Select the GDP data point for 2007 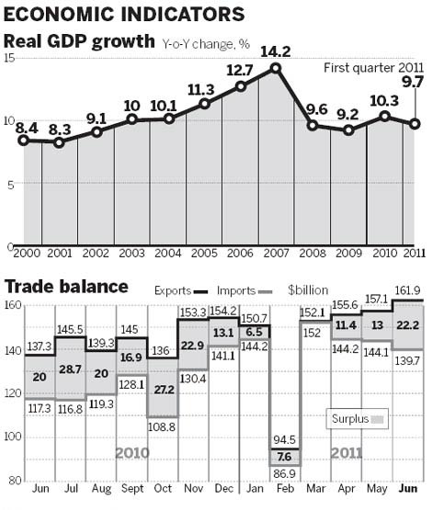point(276,68)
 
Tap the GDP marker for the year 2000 point(23,141)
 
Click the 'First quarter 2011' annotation point(372,69)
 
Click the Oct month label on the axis point(162,487)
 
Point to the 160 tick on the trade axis point(12,305)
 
